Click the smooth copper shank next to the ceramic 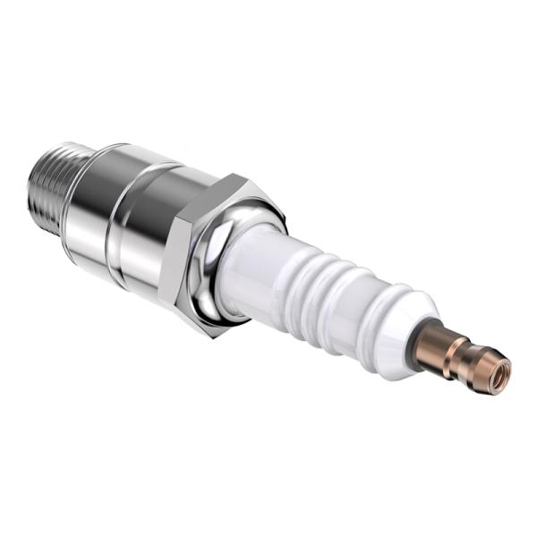pyautogui.click(x=439, y=344)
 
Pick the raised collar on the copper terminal pyautogui.click(x=458, y=353)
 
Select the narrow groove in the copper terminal pyautogui.click(x=471, y=358)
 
